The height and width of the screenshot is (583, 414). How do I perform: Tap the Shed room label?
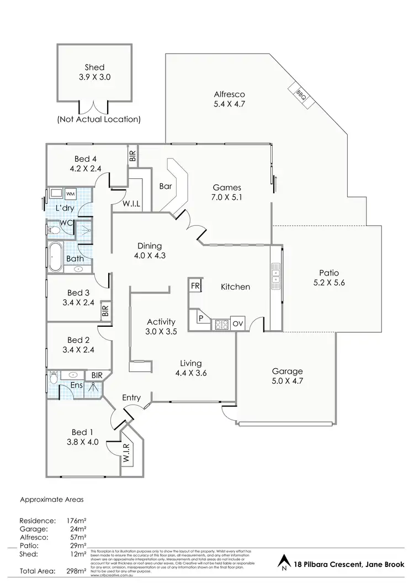[x=94, y=67]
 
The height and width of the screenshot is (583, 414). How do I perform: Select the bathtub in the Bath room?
[x=55, y=258]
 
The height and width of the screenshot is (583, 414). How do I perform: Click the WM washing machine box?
[x=71, y=194]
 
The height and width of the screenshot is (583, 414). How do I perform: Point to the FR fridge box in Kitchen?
[x=195, y=285]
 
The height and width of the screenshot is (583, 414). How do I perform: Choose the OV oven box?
[x=238, y=324]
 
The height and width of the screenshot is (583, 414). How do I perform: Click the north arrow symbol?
[x=284, y=564]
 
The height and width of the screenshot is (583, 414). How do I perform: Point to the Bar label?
[x=166, y=187]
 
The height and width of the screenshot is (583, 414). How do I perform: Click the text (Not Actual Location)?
[x=99, y=119]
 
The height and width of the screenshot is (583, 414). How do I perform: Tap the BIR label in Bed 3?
[x=105, y=310]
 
